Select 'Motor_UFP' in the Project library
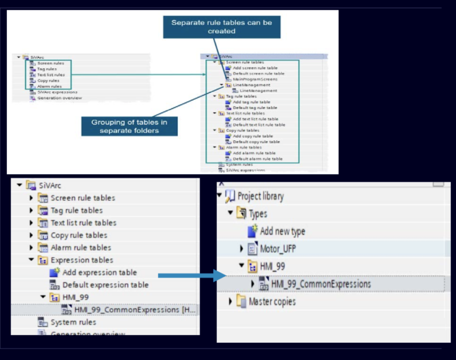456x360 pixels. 278,248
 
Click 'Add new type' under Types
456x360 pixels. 282,231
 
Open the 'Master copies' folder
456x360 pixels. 272,301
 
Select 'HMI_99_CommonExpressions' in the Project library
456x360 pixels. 320,284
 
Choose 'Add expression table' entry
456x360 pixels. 99,272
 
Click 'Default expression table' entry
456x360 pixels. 105,285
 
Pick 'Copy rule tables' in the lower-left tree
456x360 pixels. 79,235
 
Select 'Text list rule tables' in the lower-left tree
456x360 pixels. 83,223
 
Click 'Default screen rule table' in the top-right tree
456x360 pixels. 258,73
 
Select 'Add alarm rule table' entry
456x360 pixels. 254,153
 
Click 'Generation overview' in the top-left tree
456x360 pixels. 59,98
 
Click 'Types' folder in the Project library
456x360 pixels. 258,214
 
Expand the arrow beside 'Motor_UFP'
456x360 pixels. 242,249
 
